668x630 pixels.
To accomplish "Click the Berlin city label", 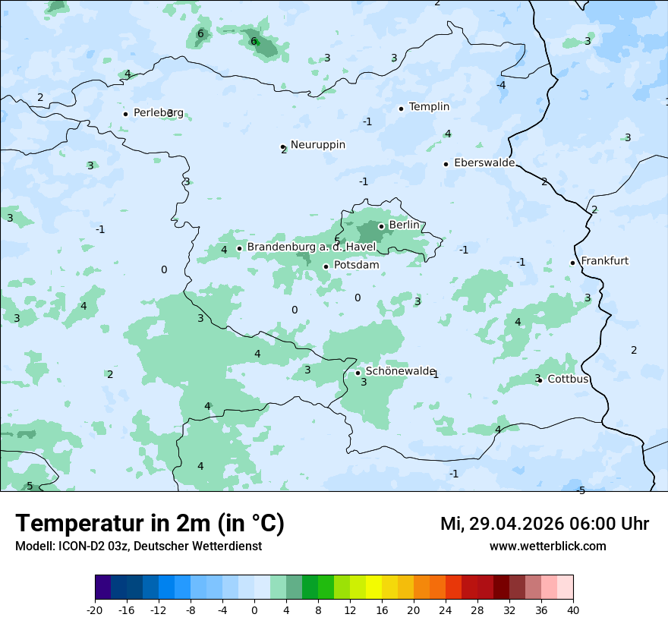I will coord(404,225).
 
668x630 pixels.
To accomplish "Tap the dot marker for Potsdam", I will coord(326,266).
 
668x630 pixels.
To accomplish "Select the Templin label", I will coord(429,107).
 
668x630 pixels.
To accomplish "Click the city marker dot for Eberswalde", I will coord(446,164).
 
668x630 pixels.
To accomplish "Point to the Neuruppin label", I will coord(317,144).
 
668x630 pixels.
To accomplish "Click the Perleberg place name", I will coord(158,113).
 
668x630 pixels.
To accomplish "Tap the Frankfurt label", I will coord(604,261).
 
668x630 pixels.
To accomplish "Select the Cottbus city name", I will coord(568,379).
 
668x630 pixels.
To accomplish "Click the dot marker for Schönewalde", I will coord(358,373).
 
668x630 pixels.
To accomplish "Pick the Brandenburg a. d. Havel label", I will coord(311,247).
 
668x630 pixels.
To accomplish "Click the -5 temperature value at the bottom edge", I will coord(581,490).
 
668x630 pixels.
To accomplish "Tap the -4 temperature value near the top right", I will coord(501,85).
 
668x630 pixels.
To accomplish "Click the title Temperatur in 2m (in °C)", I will coord(150,524).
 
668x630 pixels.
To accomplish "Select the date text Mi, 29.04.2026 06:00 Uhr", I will coord(544,524).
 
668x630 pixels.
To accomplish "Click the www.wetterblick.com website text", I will coord(547,547).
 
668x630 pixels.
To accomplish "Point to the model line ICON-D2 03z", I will coord(138,547).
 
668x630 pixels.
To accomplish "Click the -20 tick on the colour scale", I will coord(95,610).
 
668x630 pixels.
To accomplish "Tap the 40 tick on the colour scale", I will coord(572,610).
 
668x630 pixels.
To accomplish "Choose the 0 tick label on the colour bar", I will coord(254,610).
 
